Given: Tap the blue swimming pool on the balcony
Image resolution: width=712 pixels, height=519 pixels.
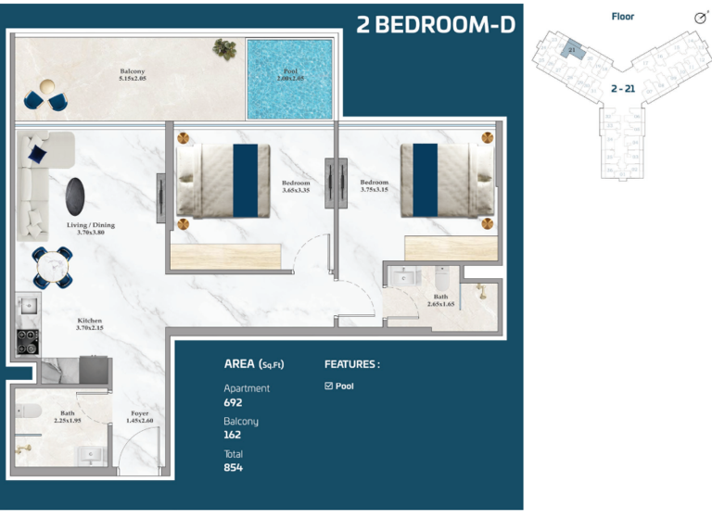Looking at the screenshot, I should click(288, 79).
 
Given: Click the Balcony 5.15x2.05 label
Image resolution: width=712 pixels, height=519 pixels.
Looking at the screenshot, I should click(133, 75).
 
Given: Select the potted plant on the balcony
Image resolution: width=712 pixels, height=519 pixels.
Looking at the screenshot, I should click(223, 48).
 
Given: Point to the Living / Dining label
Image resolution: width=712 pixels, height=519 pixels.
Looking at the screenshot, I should click(90, 228).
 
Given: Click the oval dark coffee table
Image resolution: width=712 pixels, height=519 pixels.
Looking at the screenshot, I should click(76, 196).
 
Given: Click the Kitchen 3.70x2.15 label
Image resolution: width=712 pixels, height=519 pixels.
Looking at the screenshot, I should click(90, 324).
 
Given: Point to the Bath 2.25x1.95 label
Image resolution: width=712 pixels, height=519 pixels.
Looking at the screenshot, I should click(68, 417).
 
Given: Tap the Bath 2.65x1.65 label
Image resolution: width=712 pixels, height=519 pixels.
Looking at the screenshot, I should click(440, 300).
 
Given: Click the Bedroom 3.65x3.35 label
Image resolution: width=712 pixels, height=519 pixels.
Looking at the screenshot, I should click(296, 187).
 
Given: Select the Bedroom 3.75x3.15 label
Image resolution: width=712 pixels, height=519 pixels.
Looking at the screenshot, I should click(374, 186).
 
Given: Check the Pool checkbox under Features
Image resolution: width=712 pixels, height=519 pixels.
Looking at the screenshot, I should click(329, 386).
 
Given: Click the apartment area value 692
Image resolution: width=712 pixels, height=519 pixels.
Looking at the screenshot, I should click(233, 402).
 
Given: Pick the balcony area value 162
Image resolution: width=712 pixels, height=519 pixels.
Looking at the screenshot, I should click(233, 435).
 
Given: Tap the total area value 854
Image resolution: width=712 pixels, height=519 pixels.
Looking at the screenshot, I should click(233, 467).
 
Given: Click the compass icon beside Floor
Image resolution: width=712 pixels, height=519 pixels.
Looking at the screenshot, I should click(700, 18).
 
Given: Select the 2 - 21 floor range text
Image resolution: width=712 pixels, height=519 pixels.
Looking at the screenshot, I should click(622, 88).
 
